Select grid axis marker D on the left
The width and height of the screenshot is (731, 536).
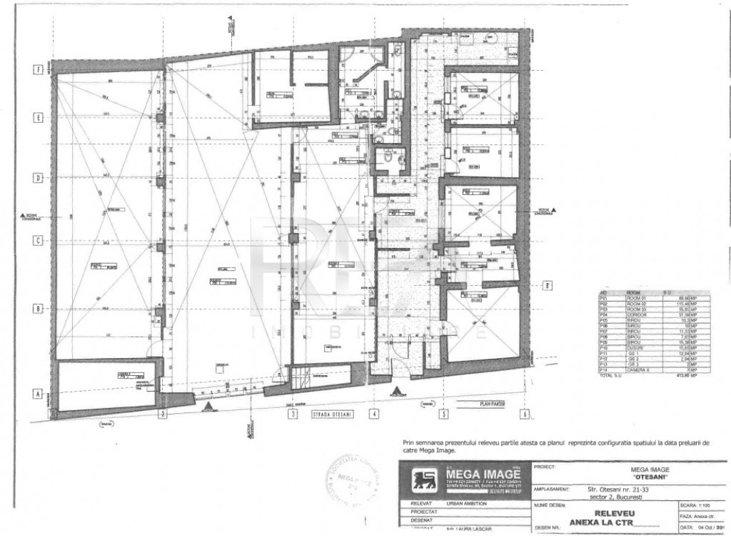40,178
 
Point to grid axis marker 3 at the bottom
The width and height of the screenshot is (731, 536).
292,413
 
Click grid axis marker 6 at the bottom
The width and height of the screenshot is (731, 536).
524,413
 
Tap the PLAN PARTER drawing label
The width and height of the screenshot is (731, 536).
488,404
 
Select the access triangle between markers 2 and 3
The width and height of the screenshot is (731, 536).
208,406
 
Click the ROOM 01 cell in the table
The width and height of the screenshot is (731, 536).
636,298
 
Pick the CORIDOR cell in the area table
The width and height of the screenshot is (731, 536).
637,314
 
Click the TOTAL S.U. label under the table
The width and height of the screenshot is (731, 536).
611,374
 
